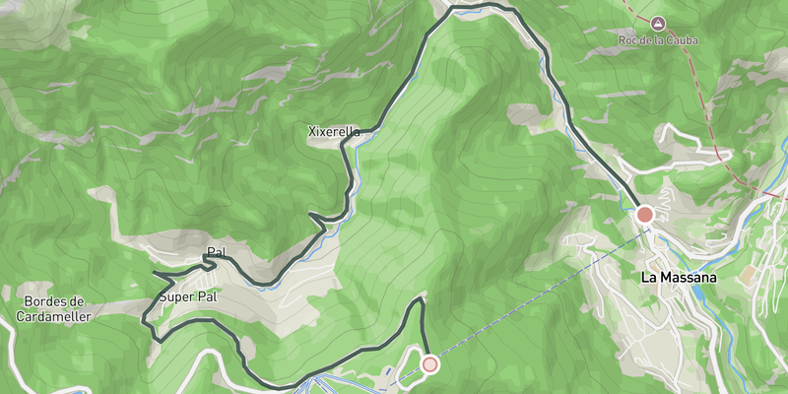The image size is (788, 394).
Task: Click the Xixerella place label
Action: (334, 131)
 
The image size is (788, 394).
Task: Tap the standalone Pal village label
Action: (217, 252)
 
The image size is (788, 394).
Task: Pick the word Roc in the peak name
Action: (628, 40)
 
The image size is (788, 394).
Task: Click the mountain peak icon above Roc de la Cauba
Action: (657, 22)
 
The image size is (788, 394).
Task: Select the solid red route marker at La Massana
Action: (645, 214)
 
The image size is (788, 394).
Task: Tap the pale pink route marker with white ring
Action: (429, 364)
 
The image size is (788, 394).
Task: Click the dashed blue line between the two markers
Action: (537, 290)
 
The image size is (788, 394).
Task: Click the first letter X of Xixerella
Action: (312, 131)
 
